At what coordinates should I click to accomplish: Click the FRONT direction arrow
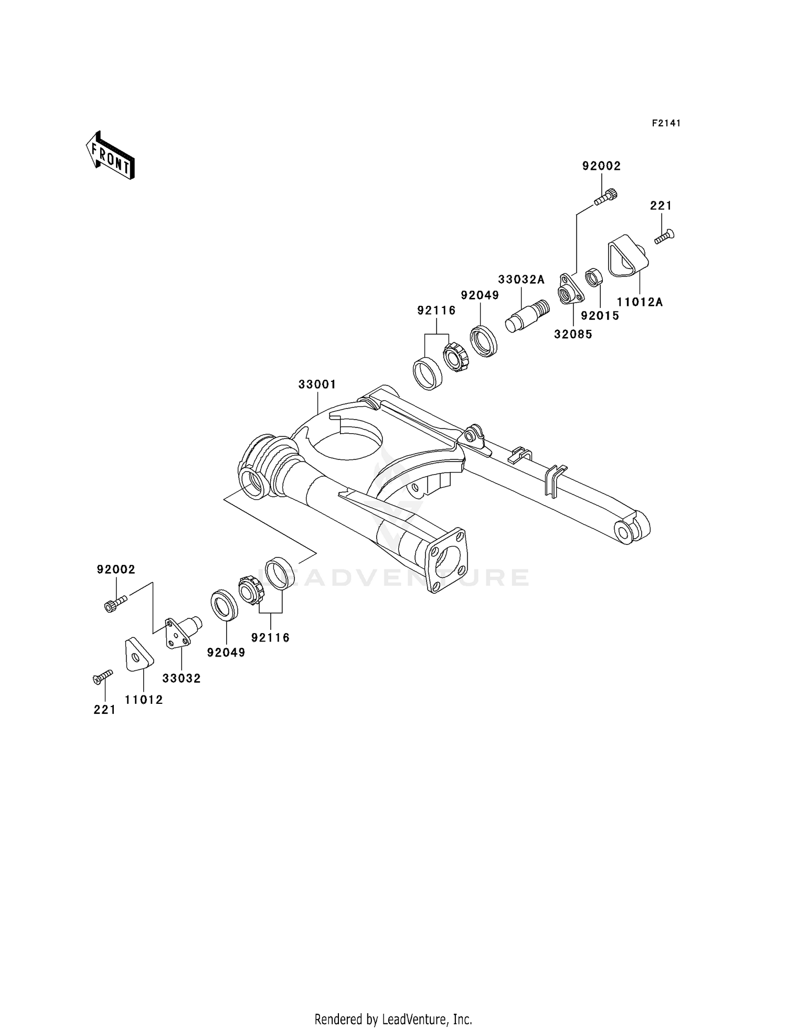tap(110, 156)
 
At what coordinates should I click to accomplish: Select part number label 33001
tap(317, 384)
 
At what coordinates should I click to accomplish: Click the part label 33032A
tap(522, 280)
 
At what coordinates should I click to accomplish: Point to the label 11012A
tap(640, 302)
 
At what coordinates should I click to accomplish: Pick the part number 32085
tap(573, 334)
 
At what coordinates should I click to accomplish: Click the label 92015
tap(600, 316)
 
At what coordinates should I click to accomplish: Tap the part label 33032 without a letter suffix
tap(182, 678)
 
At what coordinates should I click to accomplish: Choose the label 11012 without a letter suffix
tap(144, 700)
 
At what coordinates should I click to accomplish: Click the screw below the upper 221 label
tap(664, 237)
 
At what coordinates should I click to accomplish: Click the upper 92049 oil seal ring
tap(483, 341)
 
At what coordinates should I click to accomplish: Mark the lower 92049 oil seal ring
tap(224, 605)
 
